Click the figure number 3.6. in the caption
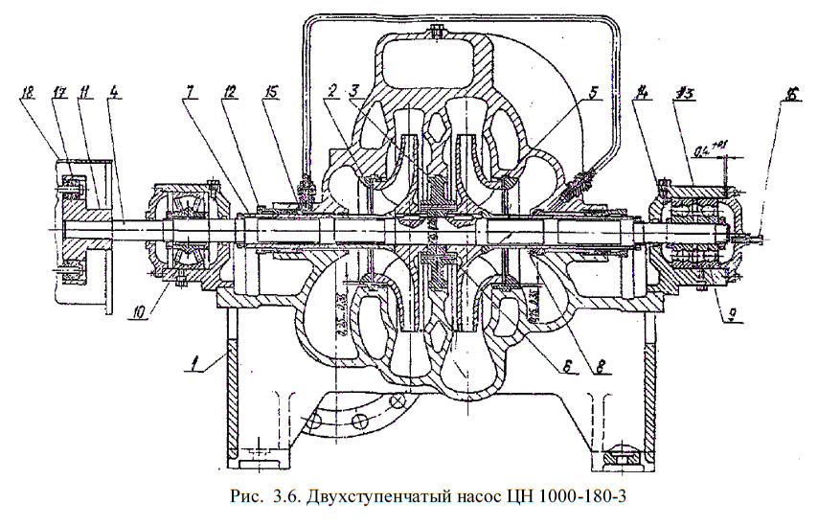pyautogui.click(x=284, y=496)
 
